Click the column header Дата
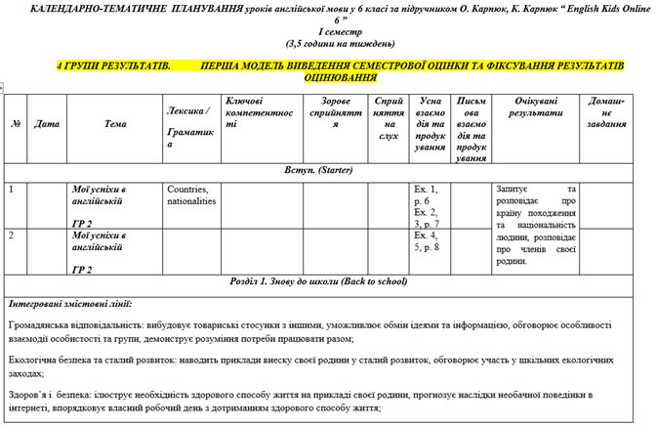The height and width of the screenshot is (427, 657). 46,124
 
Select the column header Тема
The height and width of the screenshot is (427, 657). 115,124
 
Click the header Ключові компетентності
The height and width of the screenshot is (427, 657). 259,112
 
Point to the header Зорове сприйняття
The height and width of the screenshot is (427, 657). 335,112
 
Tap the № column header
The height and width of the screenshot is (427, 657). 16,124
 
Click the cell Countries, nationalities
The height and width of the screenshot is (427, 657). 191,194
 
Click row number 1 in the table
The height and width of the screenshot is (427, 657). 11,189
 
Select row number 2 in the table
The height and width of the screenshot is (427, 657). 11,235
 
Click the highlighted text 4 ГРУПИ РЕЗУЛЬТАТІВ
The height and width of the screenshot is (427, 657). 113,65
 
